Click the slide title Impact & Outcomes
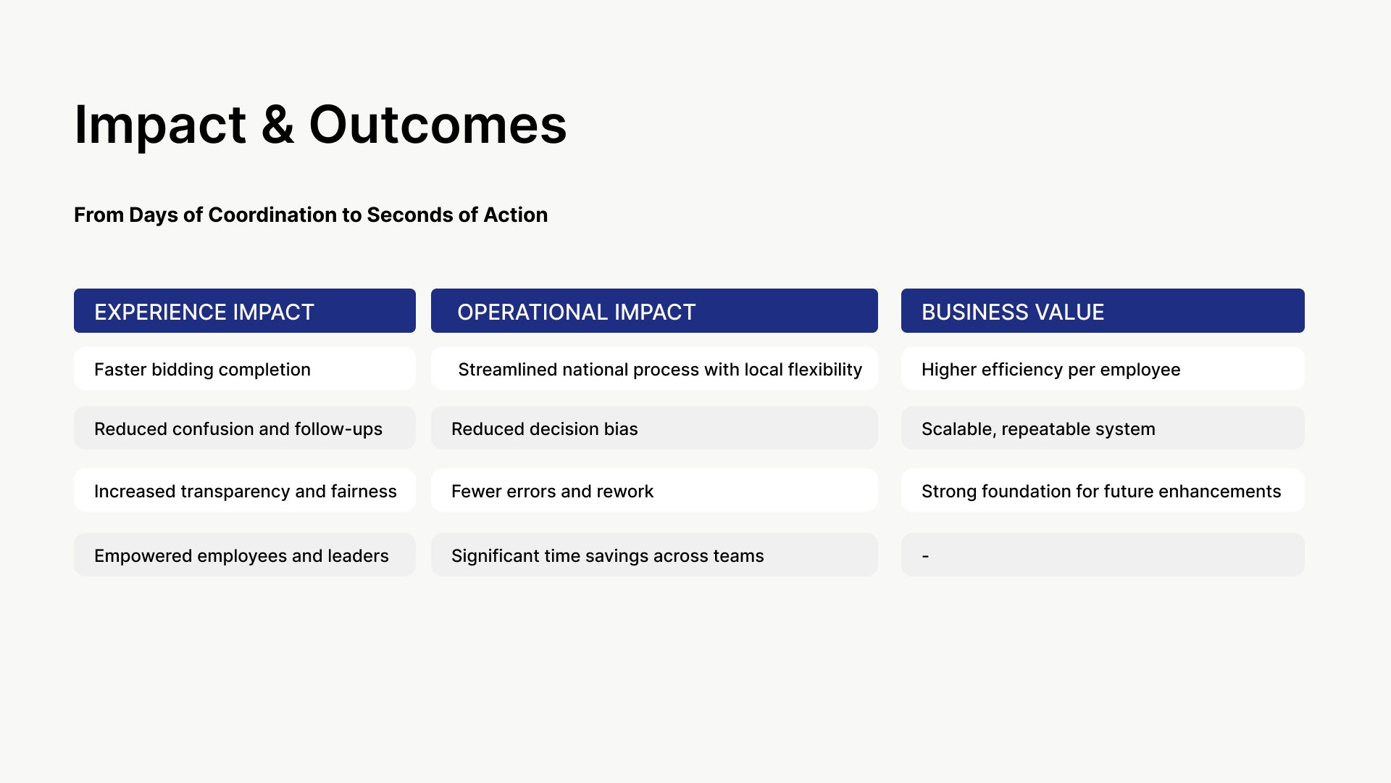tap(320, 125)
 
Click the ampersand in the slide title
tap(277, 125)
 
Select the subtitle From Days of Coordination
tap(311, 215)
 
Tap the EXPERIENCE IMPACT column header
tap(245, 311)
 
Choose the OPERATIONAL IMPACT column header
tap(654, 311)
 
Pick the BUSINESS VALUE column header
tap(1103, 311)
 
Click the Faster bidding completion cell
tap(245, 369)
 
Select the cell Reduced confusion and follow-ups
tap(245, 428)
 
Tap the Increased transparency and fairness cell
tap(245, 491)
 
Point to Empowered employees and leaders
tap(245, 555)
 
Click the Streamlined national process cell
tap(654, 369)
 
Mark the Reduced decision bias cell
tap(654, 428)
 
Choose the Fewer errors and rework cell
tap(654, 491)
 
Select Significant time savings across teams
tap(654, 555)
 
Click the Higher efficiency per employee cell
tap(1103, 369)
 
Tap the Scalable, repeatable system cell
tap(1103, 428)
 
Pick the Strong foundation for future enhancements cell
tap(1103, 491)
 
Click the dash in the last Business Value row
tap(925, 556)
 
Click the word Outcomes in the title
tap(438, 125)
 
